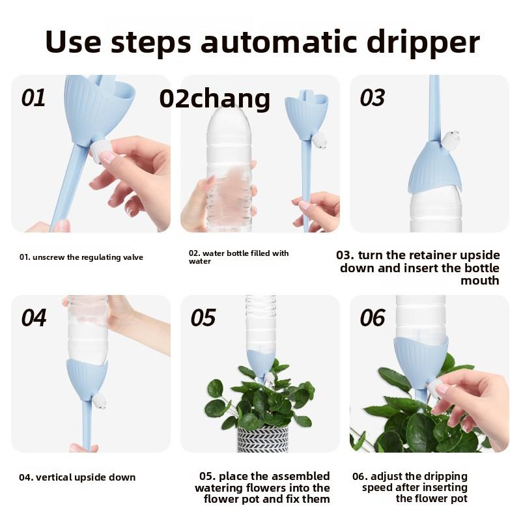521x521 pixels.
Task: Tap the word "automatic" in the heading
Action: tap(279, 42)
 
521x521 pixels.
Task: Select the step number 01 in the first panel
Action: tap(33, 98)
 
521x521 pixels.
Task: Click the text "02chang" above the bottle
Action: tap(215, 99)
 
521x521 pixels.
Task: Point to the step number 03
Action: tap(372, 98)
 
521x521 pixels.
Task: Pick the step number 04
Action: tap(34, 318)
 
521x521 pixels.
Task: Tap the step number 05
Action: tap(203, 318)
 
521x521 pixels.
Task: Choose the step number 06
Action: tap(372, 318)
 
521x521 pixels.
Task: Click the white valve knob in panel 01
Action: tap(99, 151)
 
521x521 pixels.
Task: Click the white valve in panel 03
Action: tap(451, 140)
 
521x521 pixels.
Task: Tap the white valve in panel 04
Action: tap(99, 401)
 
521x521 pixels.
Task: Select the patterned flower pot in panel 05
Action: tap(263, 438)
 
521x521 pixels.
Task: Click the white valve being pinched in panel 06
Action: tap(434, 389)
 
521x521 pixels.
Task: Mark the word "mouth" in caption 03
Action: tap(480, 281)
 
